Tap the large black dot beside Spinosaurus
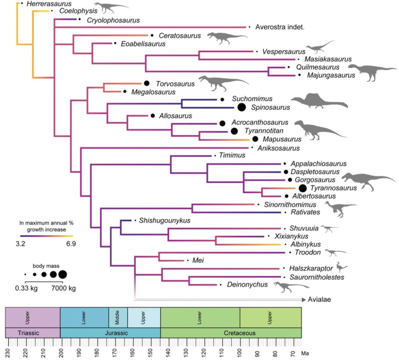[x=241, y=107]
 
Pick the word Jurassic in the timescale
[x=110, y=333]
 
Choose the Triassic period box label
[x=33, y=333]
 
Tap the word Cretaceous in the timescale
[x=231, y=333]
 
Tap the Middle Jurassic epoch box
[x=118, y=317]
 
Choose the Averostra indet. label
[x=280, y=27]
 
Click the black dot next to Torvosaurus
[x=147, y=83]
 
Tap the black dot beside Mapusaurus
[x=255, y=139]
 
